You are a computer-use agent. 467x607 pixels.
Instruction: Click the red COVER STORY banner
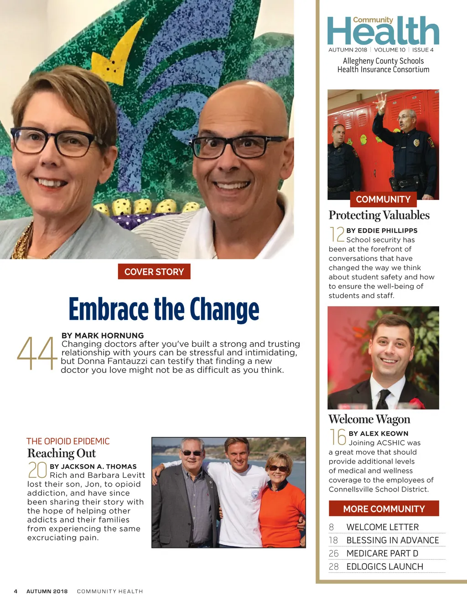(154, 272)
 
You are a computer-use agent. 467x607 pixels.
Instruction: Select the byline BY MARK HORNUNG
(103, 335)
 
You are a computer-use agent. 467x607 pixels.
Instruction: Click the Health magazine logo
(383, 31)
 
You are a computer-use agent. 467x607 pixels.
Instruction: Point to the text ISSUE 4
(423, 50)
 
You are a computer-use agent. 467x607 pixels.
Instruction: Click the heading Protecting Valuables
(379, 215)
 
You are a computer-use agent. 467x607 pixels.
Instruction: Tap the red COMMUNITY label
(383, 199)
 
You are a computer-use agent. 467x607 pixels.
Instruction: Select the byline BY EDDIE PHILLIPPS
(382, 230)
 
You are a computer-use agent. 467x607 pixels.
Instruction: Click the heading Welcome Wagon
(369, 419)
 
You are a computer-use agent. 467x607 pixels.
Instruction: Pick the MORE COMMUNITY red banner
(384, 509)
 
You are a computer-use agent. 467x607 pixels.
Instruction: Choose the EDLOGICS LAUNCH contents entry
(385, 566)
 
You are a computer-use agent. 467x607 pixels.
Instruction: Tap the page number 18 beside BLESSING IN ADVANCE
(334, 540)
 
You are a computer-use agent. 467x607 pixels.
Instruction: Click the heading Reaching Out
(62, 453)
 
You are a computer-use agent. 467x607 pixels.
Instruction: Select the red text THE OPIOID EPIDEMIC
(68, 441)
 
